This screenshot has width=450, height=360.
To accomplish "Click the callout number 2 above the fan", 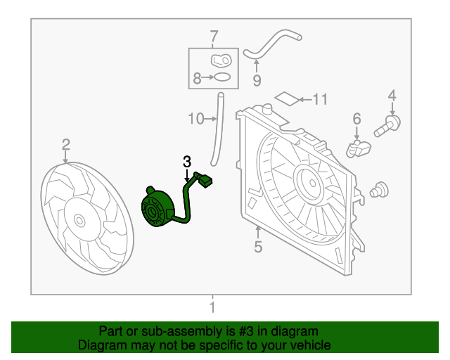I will pyautogui.click(x=65, y=144).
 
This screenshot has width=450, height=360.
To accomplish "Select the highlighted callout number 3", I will pyautogui.click(x=187, y=162).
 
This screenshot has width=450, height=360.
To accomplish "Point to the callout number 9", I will pyautogui.click(x=257, y=80).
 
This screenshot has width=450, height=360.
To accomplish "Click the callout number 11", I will pyautogui.click(x=320, y=99).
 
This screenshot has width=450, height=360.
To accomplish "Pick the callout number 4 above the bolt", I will pyautogui.click(x=392, y=95).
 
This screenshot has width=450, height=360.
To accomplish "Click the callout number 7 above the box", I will pyautogui.click(x=214, y=37).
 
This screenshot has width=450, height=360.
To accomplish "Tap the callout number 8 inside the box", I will pyautogui.click(x=198, y=79).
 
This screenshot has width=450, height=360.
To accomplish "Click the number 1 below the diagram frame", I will pyautogui.click(x=212, y=307).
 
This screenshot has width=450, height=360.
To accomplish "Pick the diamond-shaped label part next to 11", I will pyautogui.click(x=285, y=98).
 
